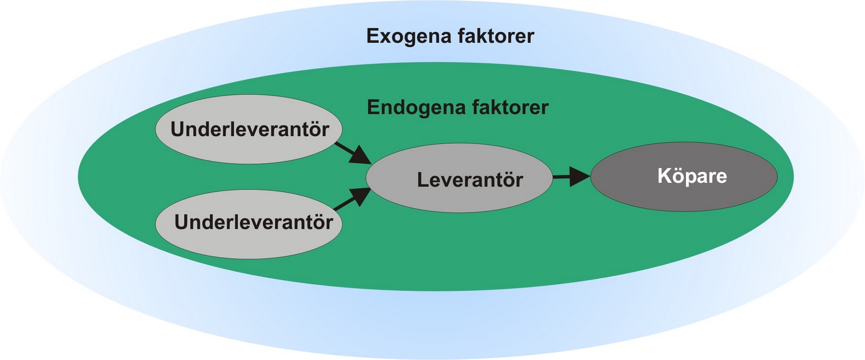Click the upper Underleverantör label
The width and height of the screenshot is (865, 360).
(249, 130)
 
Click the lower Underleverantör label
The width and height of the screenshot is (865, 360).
(253, 222)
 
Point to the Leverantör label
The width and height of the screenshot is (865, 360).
(469, 179)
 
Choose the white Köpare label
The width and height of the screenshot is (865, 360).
(691, 176)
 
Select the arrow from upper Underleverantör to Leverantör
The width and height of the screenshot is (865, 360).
(352, 152)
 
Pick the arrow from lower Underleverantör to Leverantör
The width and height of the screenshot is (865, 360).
(352, 199)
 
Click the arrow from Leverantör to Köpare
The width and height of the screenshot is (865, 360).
(570, 176)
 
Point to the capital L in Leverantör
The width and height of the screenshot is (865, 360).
(423, 179)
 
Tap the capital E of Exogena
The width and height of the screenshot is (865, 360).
(372, 36)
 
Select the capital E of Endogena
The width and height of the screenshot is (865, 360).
(372, 107)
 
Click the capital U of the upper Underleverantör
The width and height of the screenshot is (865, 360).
(177, 130)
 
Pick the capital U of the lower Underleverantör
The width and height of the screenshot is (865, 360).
(181, 222)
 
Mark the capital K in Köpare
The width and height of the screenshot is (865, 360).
(664, 176)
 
